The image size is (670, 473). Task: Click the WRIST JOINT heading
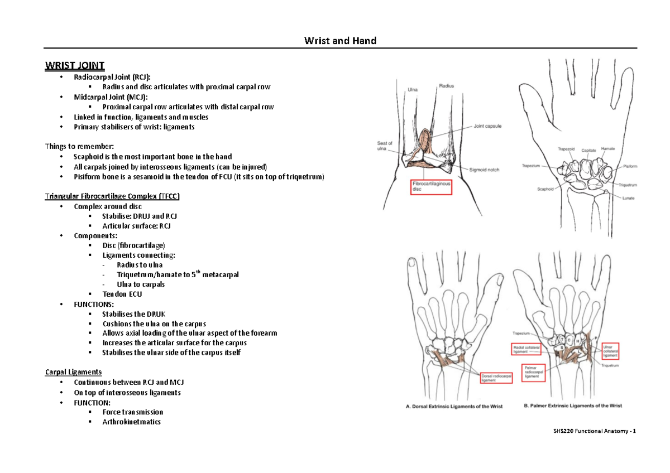(74, 65)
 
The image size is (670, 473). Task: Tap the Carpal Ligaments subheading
(73, 372)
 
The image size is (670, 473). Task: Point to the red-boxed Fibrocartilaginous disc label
(430, 186)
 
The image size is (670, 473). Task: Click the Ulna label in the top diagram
(413, 89)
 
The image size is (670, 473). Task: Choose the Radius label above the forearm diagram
(446, 86)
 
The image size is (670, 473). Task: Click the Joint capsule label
(487, 126)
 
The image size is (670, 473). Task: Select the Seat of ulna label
(385, 146)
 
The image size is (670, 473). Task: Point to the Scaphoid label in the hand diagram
(545, 189)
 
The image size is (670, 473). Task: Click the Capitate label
(588, 150)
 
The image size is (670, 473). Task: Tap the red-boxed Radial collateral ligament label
(528, 349)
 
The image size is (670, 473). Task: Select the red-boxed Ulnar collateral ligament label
(610, 350)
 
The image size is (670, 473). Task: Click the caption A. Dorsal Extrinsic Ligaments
(453, 407)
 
